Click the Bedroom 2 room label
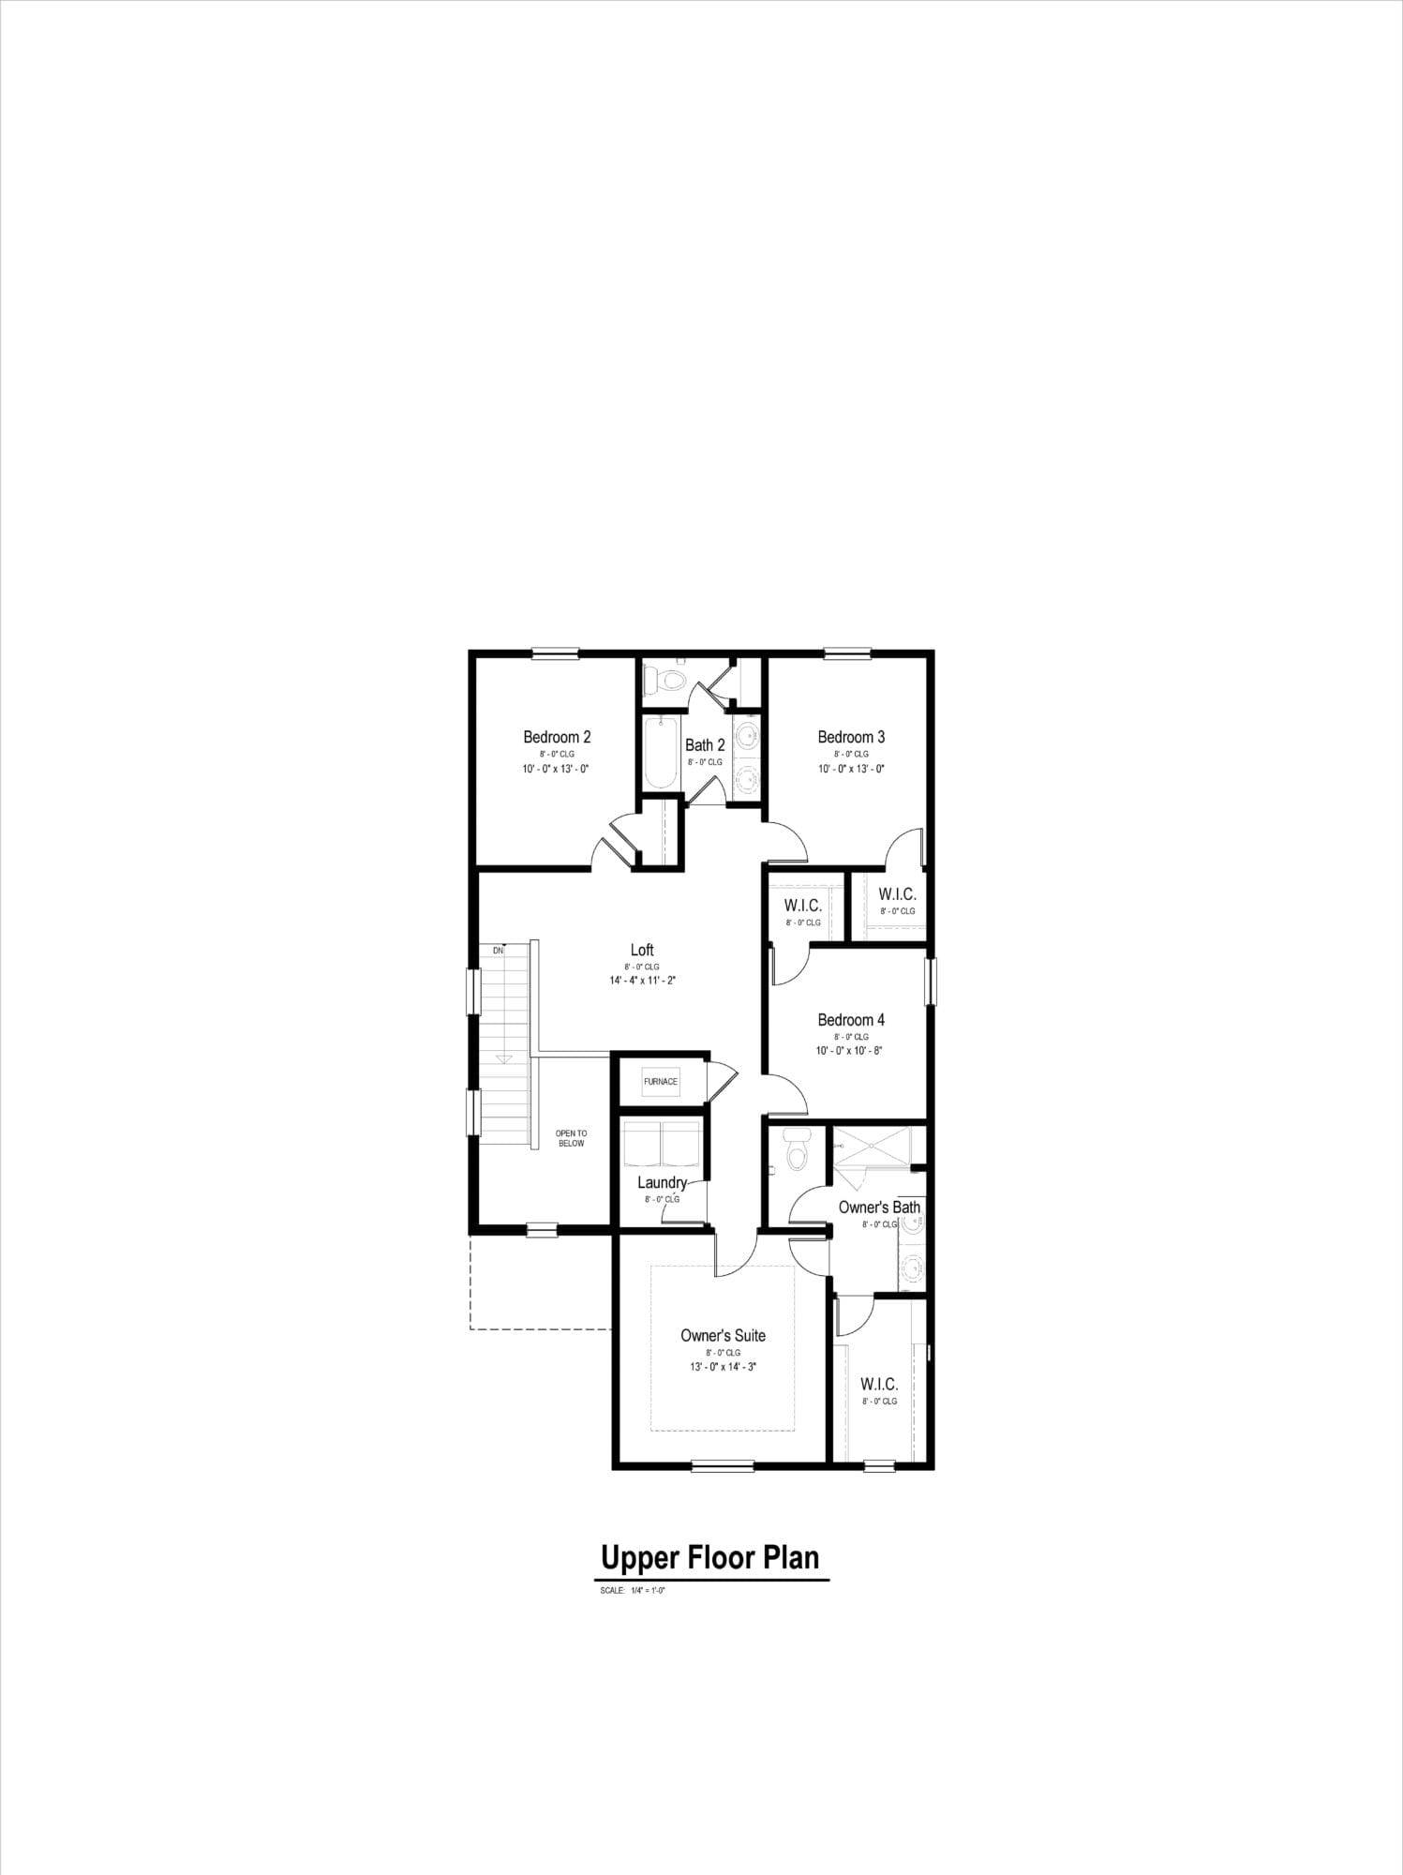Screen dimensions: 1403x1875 click(x=557, y=737)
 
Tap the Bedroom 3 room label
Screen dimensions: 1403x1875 click(x=851, y=737)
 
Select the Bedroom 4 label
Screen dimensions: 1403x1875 click(x=851, y=1020)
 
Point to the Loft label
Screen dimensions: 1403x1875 click(x=642, y=951)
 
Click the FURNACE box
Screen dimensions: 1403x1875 click(x=661, y=1081)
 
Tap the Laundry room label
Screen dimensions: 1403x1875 click(x=662, y=1183)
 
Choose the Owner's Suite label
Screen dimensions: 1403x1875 click(x=723, y=1336)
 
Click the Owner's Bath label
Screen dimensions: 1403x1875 click(x=879, y=1207)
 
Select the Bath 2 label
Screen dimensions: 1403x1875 click(x=705, y=745)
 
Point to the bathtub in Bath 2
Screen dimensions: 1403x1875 click(x=658, y=754)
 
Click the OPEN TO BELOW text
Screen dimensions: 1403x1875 click(x=571, y=1138)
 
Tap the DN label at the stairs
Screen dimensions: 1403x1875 click(x=498, y=951)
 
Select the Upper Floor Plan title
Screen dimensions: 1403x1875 click(x=710, y=1557)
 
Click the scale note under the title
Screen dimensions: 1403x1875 click(x=632, y=1591)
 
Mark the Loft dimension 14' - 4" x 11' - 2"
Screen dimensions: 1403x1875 click(x=642, y=981)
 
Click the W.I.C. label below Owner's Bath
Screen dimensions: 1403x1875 click(x=879, y=1384)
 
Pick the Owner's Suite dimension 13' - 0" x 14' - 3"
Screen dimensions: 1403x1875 click(x=723, y=1367)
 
